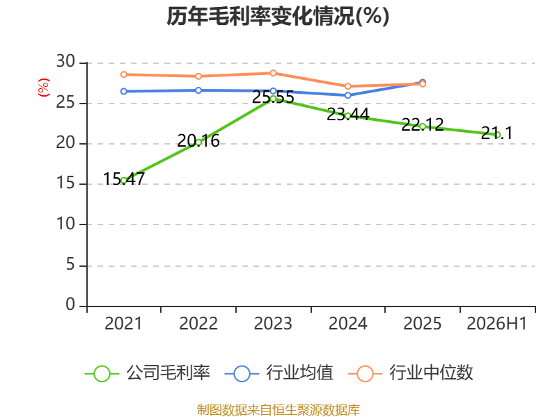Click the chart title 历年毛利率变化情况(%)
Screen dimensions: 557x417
[278, 16]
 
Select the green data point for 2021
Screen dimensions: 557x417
[124, 181]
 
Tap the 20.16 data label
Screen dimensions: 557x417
[198, 141]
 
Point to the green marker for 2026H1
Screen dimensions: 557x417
[497, 135]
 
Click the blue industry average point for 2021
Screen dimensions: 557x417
[124, 92]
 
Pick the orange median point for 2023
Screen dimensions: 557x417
[273, 73]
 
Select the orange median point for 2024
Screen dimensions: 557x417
[347, 86]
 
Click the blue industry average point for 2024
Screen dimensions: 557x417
[347, 95]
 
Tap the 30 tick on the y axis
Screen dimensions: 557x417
[65, 62]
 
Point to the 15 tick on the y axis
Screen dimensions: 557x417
[65, 183]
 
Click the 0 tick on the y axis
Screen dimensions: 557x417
[70, 304]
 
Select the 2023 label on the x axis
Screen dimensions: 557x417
[273, 324]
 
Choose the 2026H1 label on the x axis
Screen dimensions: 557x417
[497, 324]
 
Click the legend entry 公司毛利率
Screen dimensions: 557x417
[148, 373]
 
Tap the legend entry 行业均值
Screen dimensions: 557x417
[279, 373]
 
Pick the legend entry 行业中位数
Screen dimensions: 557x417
[410, 373]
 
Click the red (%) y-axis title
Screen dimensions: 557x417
[44, 88]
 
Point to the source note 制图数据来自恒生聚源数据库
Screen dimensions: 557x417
[278, 410]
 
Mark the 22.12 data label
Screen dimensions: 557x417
[423, 124]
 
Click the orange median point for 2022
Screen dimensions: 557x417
[198, 76]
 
